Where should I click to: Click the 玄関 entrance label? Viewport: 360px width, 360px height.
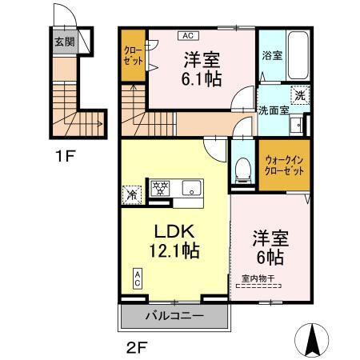point(64,41)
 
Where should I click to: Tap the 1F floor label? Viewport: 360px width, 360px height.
point(65,156)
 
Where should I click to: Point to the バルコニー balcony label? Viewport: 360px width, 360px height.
point(174,316)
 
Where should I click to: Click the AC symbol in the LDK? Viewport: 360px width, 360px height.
point(137,279)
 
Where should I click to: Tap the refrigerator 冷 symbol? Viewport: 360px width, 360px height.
point(131,193)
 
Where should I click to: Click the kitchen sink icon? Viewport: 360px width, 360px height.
point(191,190)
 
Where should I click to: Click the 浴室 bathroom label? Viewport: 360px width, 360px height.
point(272,55)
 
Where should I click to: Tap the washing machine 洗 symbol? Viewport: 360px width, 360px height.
point(298,94)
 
